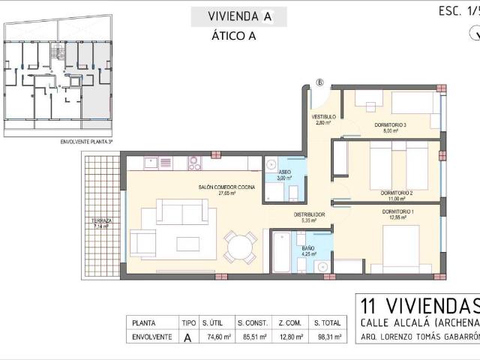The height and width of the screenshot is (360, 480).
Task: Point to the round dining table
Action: coord(240,247)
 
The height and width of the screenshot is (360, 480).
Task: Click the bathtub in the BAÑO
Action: coord(280,254)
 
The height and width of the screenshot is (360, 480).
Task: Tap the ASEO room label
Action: coord(284,175)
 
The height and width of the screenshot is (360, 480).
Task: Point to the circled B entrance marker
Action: coord(320,82)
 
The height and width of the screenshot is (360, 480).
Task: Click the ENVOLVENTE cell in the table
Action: coord(151,337)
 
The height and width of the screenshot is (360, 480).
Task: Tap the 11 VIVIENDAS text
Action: coord(418,305)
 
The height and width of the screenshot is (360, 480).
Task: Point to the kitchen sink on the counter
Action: coord(150,162)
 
